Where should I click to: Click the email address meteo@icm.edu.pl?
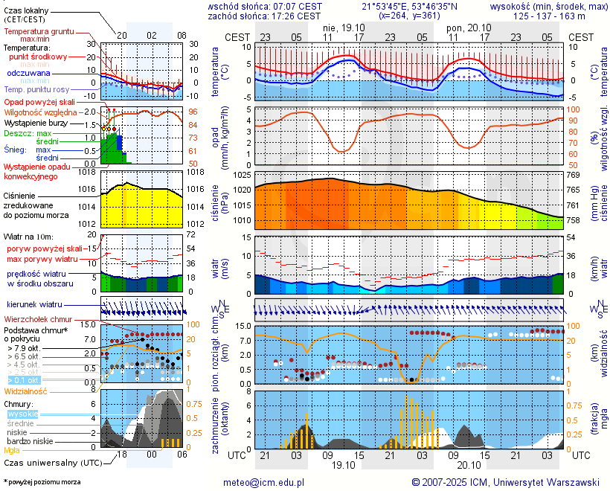coord(263,482)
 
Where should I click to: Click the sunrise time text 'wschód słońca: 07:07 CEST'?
coord(266,6)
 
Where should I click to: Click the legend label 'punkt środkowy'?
coord(39,57)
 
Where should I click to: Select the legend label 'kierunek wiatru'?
coord(34,305)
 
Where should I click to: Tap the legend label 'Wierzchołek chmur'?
coord(41,319)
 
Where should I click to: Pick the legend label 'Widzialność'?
coord(26,391)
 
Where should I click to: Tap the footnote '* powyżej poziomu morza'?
coord(42,482)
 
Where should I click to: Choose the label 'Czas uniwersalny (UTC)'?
coord(51,463)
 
